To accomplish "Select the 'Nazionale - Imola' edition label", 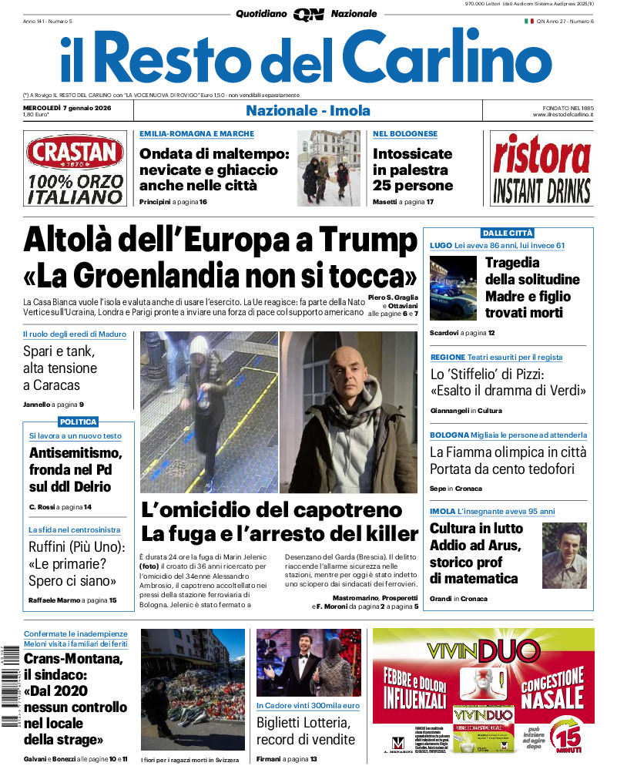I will [x=308, y=110].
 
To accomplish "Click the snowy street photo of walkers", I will [x=328, y=167].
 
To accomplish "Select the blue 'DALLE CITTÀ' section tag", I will [x=507, y=233].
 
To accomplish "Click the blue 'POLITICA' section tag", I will [x=79, y=422].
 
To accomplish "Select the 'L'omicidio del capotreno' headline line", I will [x=271, y=509].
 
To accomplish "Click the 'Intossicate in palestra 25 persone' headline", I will [x=413, y=170].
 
